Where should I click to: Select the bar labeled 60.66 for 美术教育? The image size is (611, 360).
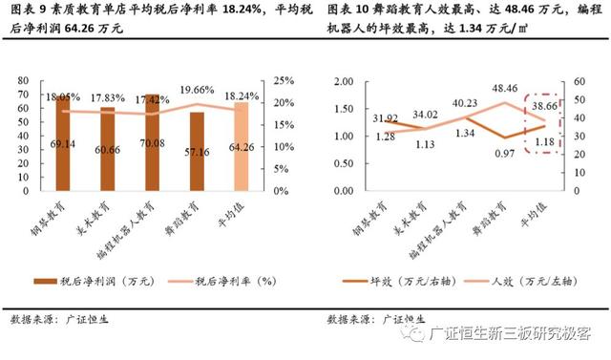click(108, 150)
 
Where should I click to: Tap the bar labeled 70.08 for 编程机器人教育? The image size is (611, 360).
click(153, 143)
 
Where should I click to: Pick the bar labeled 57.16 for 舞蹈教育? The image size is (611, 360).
click(197, 153)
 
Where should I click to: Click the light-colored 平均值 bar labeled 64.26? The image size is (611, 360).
click(241, 148)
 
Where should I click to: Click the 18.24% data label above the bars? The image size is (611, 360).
click(241, 96)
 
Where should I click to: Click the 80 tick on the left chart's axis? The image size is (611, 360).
click(29, 81)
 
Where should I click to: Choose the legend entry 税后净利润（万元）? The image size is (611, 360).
click(95, 281)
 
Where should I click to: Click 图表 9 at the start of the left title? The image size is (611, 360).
click(27, 11)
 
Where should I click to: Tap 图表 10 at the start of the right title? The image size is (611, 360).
click(348, 11)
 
